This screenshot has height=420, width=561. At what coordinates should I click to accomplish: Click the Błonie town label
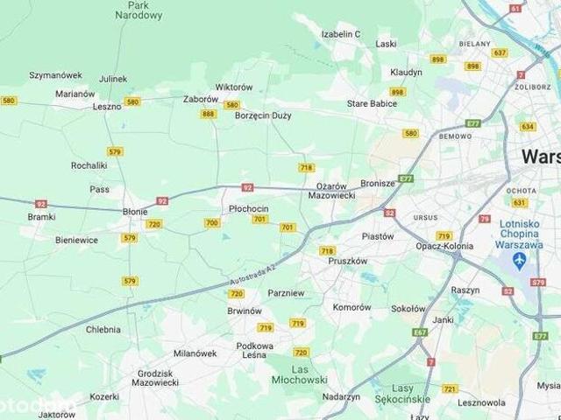pyautogui.click(x=135, y=211)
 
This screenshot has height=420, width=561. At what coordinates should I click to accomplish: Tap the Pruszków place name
pyautogui.click(x=347, y=261)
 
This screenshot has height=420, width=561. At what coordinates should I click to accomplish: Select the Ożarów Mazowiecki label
pyautogui.click(x=331, y=191)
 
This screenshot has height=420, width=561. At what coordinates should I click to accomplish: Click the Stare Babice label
pyautogui.click(x=372, y=103)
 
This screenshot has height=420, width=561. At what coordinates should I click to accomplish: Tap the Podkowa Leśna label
pyautogui.click(x=255, y=350)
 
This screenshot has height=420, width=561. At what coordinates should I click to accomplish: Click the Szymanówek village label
pyautogui.click(x=55, y=75)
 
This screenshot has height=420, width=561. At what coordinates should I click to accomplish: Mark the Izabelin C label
pyautogui.click(x=342, y=33)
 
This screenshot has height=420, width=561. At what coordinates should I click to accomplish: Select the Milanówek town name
pyautogui.click(x=195, y=353)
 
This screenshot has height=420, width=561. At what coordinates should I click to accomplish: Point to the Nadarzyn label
pyautogui.click(x=341, y=395)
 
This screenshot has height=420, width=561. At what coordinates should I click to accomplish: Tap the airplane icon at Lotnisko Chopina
pyautogui.click(x=522, y=261)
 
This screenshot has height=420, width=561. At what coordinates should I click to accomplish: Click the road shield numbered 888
pyautogui.click(x=208, y=114)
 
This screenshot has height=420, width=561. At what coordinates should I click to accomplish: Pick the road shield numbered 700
pyautogui.click(x=212, y=223)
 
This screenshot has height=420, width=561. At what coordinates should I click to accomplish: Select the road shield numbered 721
pyautogui.click(x=450, y=388)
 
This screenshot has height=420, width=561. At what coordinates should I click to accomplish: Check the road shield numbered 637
pyautogui.click(x=500, y=52)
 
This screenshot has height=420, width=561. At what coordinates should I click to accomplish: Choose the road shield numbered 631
pyautogui.click(x=520, y=203)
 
